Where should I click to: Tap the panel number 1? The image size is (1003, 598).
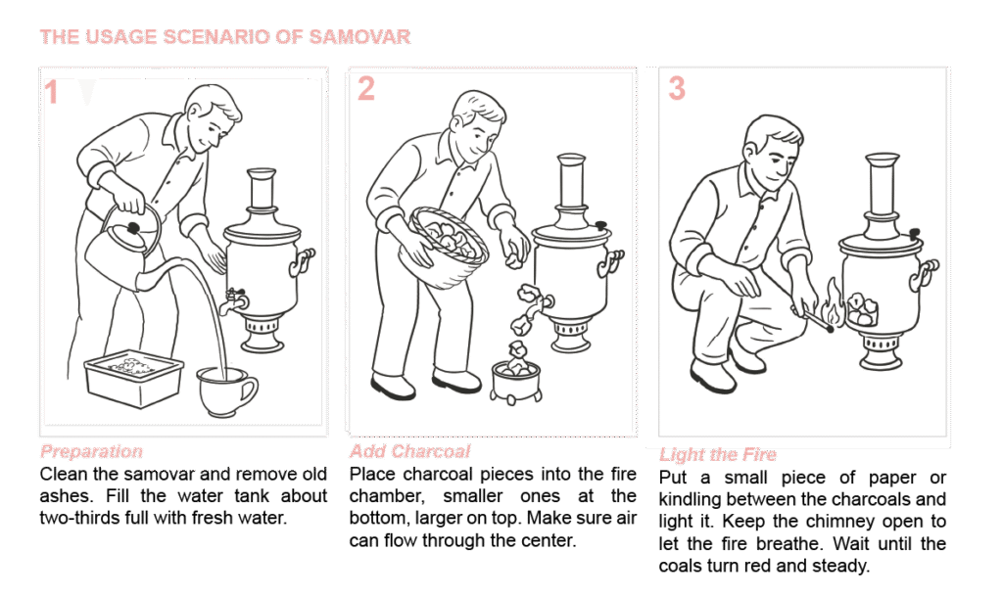[x=51, y=93]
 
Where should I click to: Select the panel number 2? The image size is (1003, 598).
[x=366, y=88]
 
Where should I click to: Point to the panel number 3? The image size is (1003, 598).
[x=677, y=88]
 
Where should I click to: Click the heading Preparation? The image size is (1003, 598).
[x=91, y=452]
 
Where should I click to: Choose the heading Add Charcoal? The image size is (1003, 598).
[x=410, y=451]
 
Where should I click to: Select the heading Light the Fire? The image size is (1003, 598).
[x=718, y=454]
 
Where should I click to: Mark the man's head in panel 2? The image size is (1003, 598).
[x=477, y=123]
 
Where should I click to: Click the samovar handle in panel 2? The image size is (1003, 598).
[x=610, y=261]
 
